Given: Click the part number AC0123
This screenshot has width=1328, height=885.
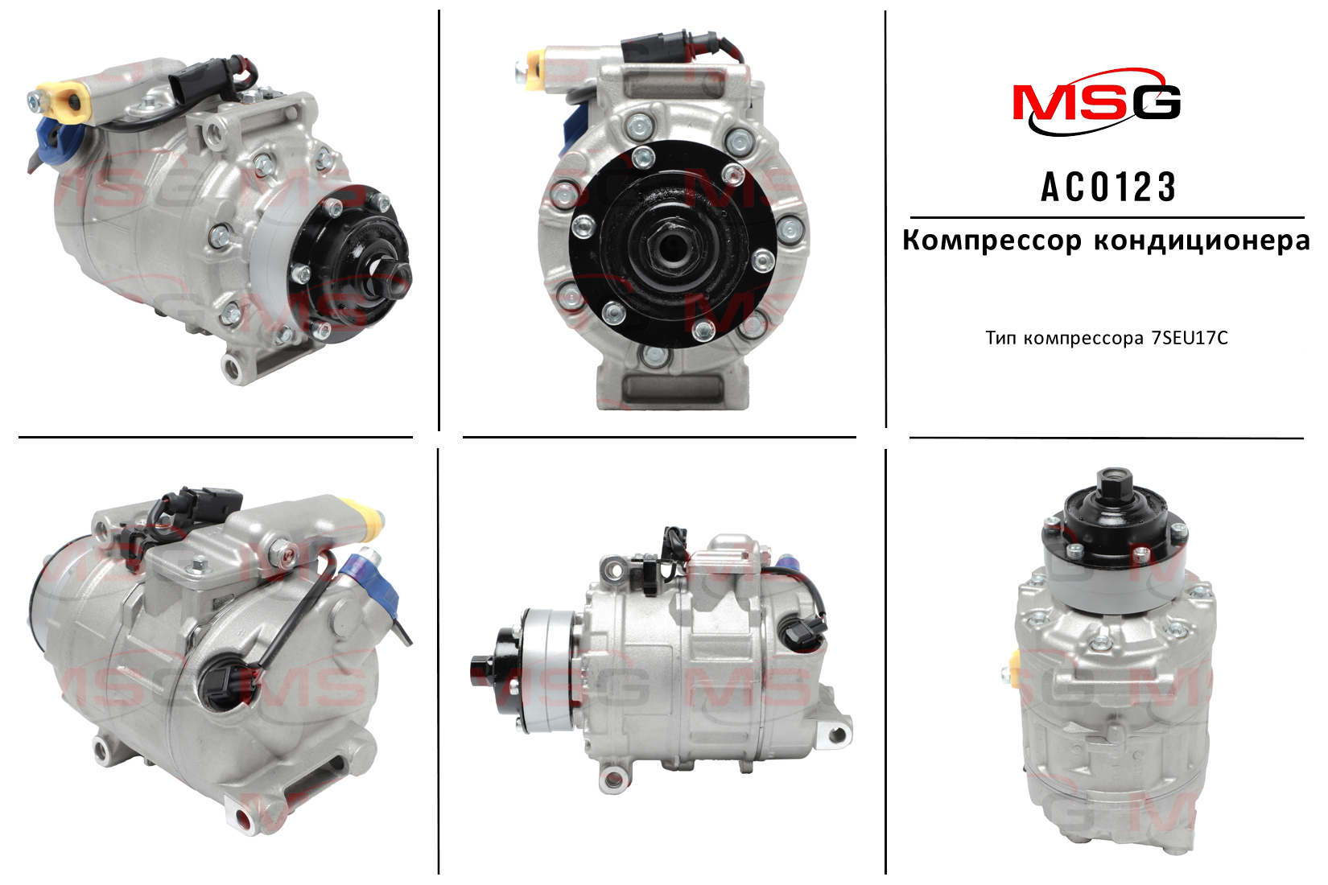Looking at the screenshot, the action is click(x=1108, y=187).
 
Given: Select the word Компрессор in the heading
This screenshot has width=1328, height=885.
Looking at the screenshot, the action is click(x=992, y=241).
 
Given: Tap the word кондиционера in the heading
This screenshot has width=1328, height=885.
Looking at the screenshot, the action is click(x=1201, y=241).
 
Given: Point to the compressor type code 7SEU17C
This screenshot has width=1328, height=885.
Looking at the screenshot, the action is click(x=1190, y=338).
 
